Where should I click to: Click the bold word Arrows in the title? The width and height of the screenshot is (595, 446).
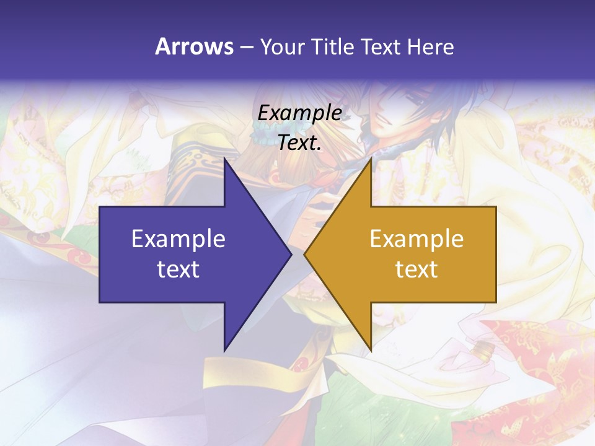point(195,46)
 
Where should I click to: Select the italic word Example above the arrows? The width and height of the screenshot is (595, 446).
point(300,113)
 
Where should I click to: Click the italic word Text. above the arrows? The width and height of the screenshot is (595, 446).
point(300,143)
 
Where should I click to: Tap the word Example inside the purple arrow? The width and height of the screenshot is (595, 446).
point(178,239)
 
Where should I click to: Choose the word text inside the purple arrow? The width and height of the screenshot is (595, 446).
point(178,269)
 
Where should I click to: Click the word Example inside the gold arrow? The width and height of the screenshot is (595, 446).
point(416,239)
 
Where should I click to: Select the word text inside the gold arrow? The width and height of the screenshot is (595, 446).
point(416,269)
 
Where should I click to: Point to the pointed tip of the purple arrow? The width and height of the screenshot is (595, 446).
point(291,254)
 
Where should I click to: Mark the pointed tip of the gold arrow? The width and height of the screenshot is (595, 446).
point(304,254)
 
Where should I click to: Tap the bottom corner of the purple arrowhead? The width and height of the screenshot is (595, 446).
point(224,351)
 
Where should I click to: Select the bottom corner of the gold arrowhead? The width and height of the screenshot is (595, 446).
point(371,351)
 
